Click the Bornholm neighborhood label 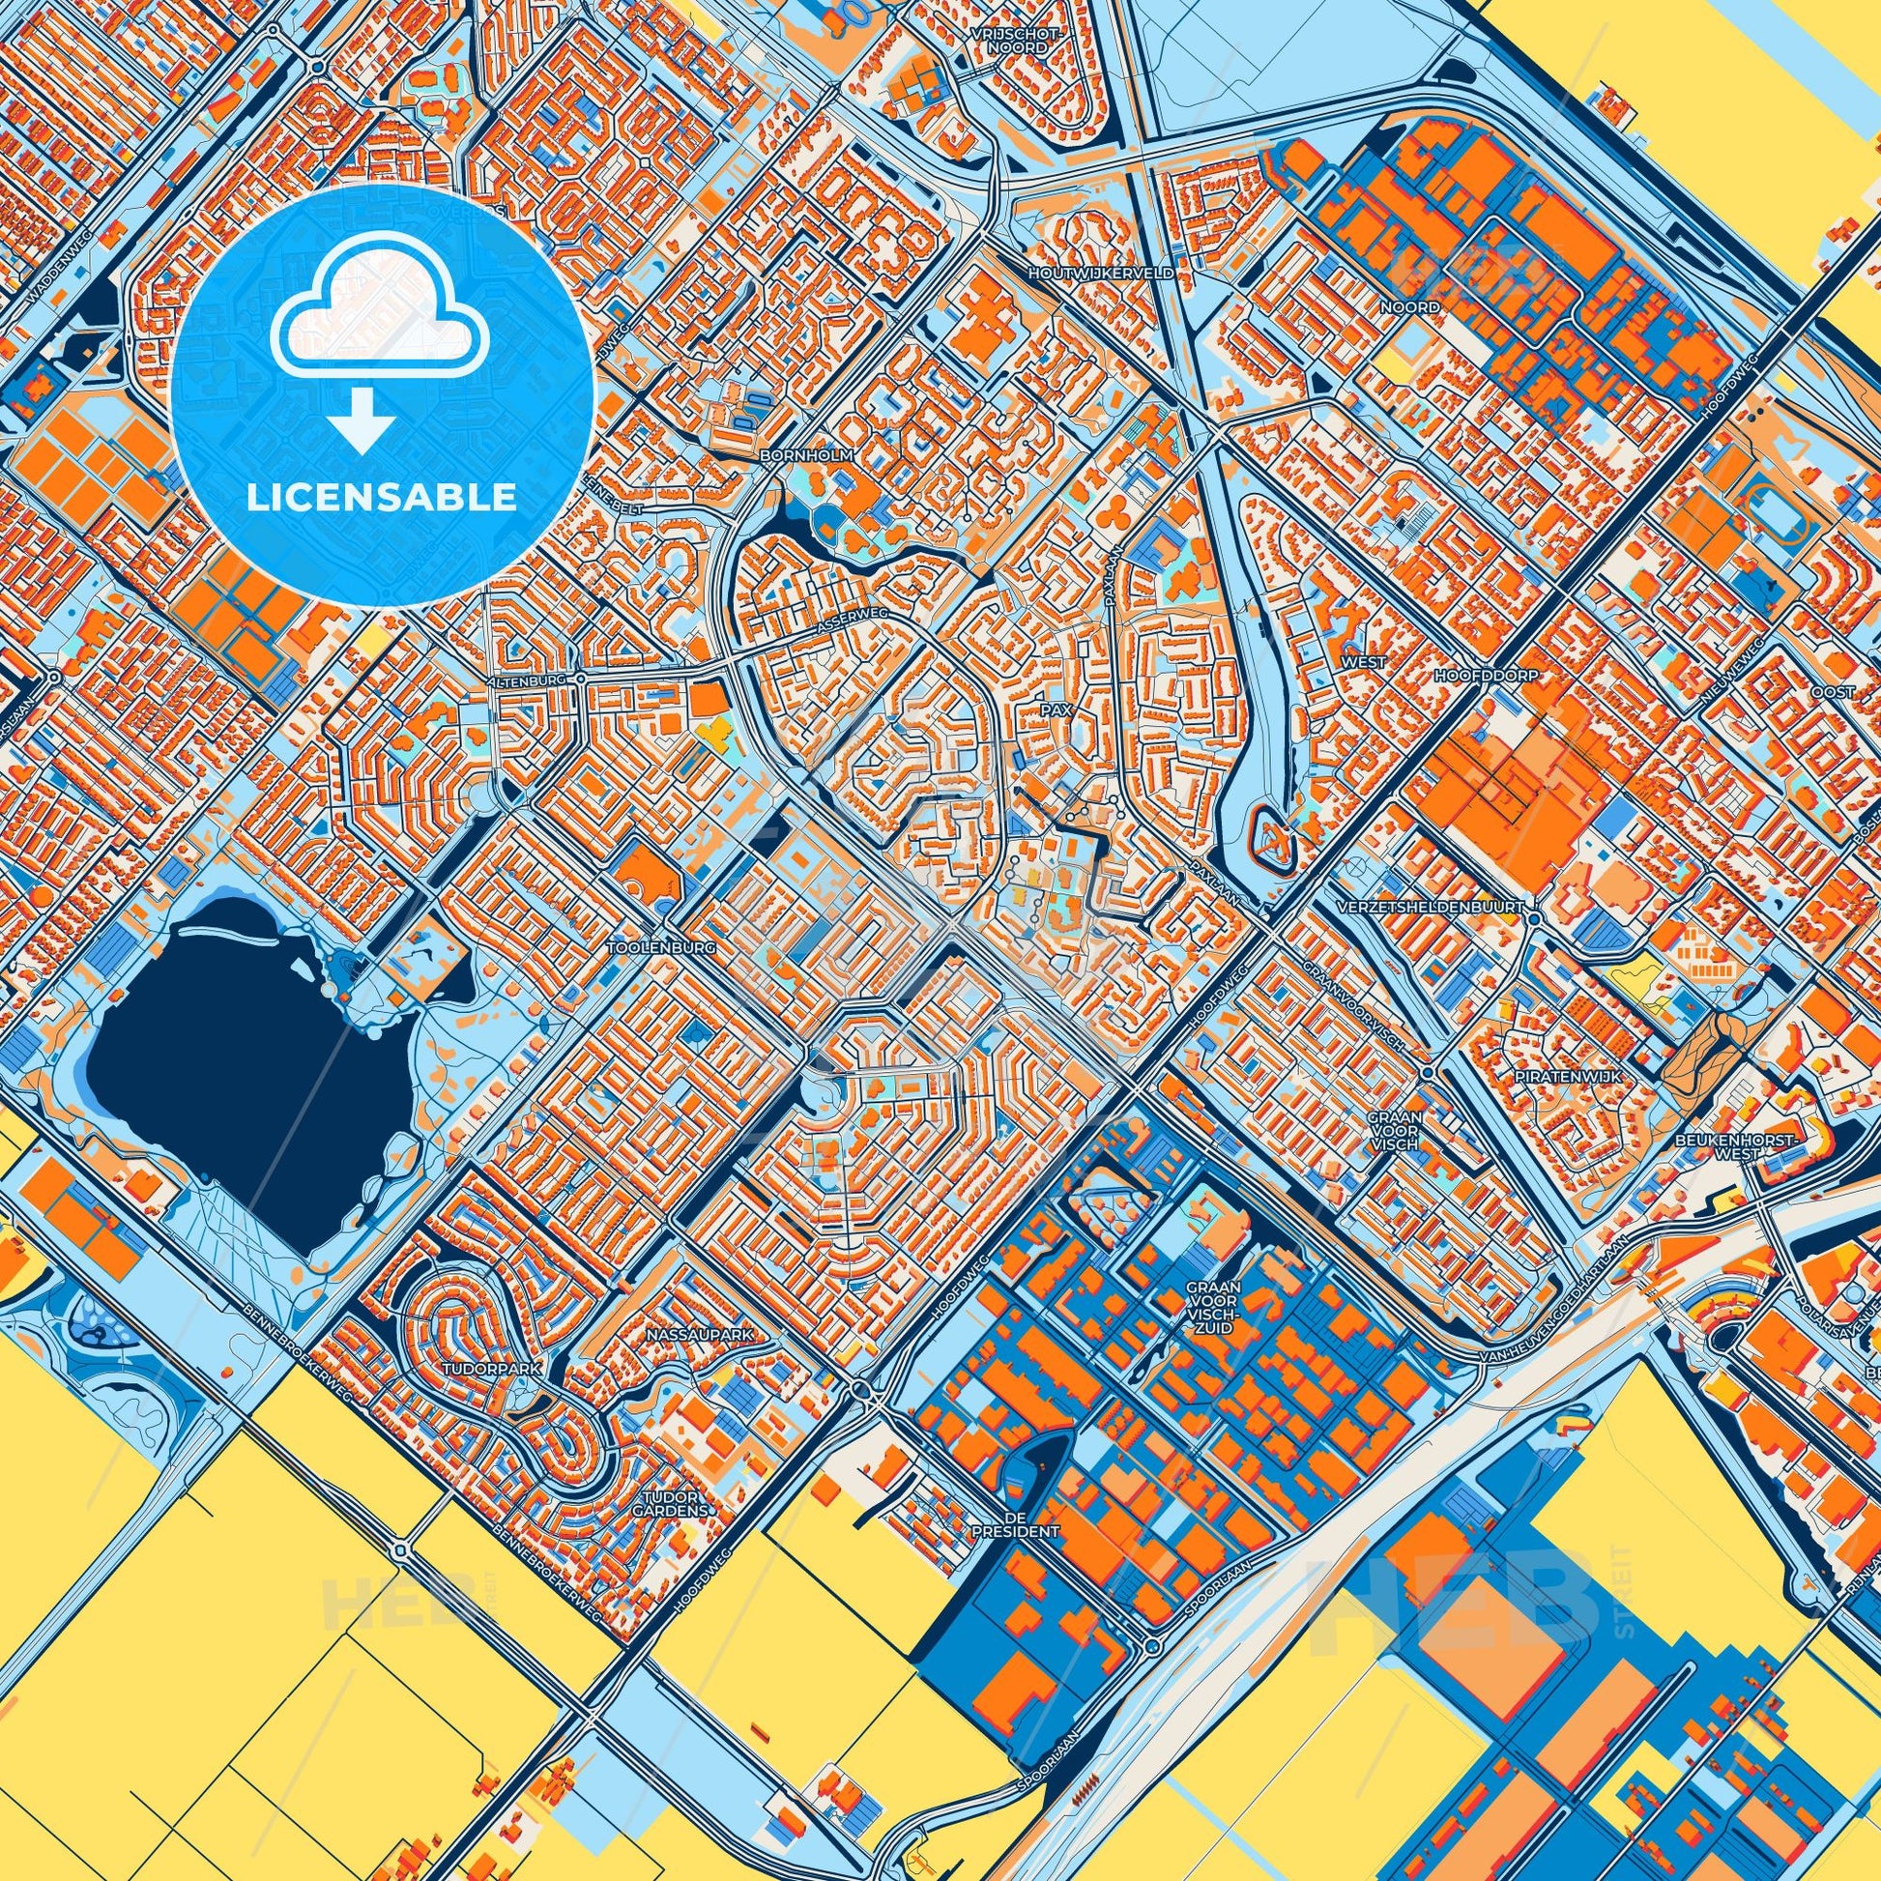point(808,454)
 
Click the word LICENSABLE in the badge point(382,499)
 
